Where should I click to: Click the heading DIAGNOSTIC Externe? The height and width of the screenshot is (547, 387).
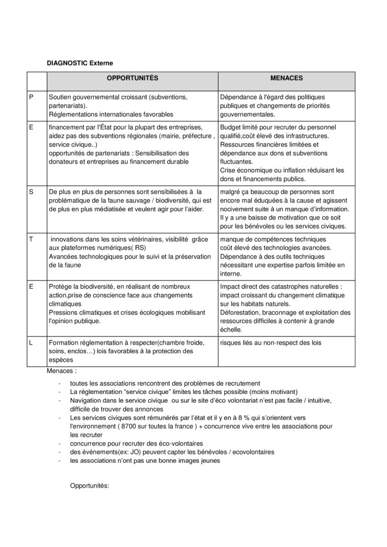[x=80, y=63]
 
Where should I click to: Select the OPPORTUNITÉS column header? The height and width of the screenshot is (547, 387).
[x=132, y=79]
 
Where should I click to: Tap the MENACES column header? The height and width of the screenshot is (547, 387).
[x=286, y=79]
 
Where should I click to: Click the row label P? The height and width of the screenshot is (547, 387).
[x=31, y=97]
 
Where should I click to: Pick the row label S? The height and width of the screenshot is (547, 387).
[x=31, y=192]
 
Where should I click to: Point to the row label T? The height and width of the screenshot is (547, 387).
[x=31, y=239]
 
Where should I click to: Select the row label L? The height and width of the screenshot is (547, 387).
[x=31, y=343]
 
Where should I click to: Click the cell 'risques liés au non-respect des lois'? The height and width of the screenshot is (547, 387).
[x=271, y=343]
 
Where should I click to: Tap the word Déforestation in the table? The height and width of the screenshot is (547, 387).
[x=240, y=313]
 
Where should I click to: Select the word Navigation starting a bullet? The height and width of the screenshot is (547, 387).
[x=86, y=400]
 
